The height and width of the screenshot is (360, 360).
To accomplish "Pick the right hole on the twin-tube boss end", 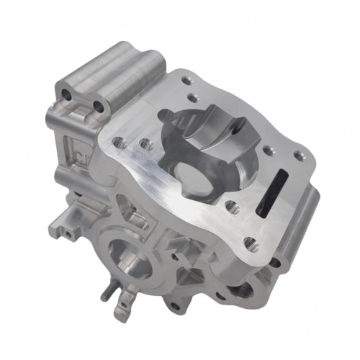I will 97,108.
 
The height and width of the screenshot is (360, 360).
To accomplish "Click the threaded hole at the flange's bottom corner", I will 249,243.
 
